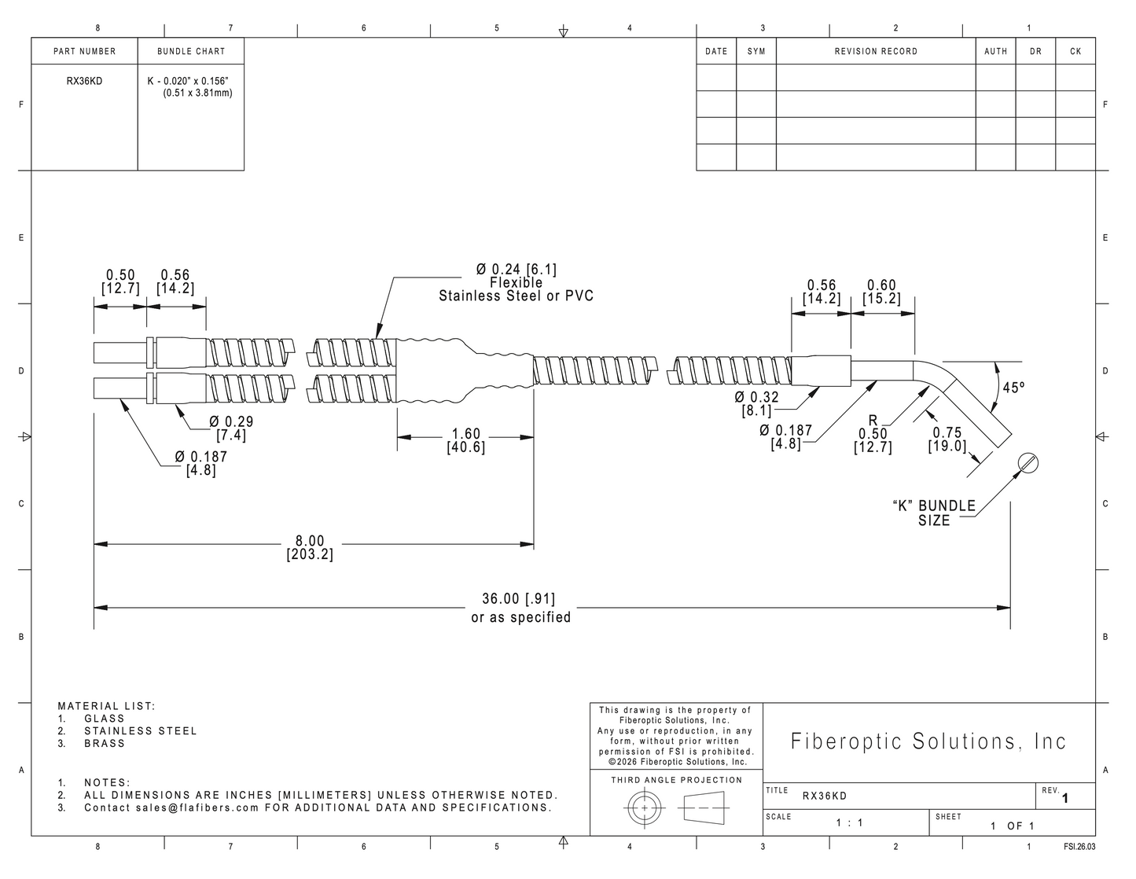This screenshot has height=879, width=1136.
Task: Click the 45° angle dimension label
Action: [x=1013, y=388]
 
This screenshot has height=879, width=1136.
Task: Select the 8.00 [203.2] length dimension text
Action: [x=310, y=547]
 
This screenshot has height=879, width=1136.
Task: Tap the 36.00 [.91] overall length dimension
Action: [x=518, y=599]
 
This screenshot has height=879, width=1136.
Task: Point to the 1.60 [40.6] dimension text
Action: [x=465, y=440]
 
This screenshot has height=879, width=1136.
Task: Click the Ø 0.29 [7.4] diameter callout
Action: [x=231, y=428]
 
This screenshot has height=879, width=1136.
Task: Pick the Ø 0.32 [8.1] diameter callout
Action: [x=756, y=404]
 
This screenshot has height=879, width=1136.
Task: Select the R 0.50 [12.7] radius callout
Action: [x=873, y=434]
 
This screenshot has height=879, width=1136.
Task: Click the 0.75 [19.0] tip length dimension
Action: [x=947, y=439]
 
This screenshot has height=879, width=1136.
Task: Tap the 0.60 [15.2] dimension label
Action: [x=881, y=292]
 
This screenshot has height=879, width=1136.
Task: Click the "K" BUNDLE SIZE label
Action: [x=934, y=513]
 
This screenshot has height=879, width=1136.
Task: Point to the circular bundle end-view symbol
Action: [x=1028, y=463]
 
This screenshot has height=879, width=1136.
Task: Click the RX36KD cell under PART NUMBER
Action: [x=84, y=81]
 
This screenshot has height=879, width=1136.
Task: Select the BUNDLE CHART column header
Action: [x=191, y=51]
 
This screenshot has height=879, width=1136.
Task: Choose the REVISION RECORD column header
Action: [x=876, y=51]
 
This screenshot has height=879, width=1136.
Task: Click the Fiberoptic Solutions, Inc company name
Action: [x=928, y=741]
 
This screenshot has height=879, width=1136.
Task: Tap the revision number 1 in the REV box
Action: [x=1065, y=799]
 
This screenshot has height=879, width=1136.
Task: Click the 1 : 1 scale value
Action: [x=849, y=823]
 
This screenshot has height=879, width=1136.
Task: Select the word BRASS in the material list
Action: [x=105, y=743]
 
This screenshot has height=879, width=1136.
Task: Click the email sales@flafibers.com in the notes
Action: [x=197, y=807]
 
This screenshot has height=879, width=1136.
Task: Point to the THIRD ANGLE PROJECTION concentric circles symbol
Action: [x=644, y=807]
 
